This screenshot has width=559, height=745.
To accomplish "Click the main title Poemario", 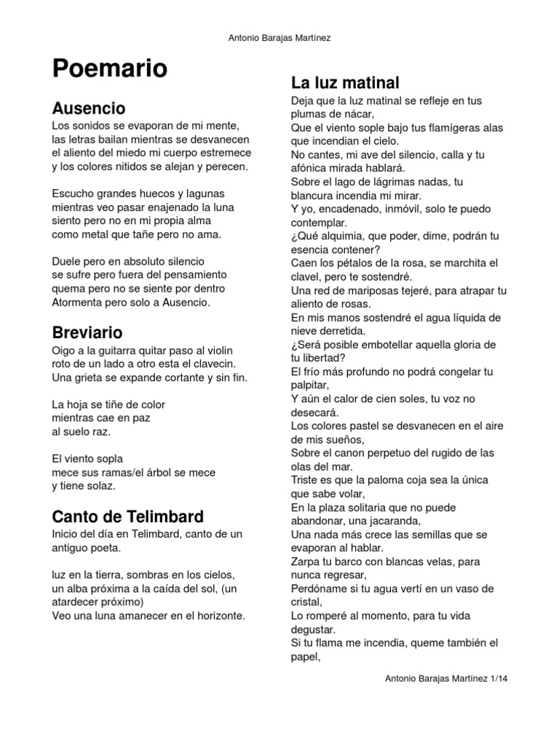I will [x=109, y=69].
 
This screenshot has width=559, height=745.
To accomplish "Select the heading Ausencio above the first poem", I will [x=89, y=108].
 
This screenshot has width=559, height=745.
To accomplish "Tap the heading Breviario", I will [x=87, y=333].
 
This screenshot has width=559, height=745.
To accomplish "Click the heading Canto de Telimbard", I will [x=127, y=517].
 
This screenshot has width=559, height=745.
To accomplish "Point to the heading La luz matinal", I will [x=345, y=82].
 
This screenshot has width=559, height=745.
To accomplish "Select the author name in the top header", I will [x=279, y=38].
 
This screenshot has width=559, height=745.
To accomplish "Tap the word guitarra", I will [x=124, y=350].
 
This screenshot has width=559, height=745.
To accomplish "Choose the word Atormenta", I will [x=80, y=301].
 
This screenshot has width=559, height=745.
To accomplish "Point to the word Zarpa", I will [x=306, y=562].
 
